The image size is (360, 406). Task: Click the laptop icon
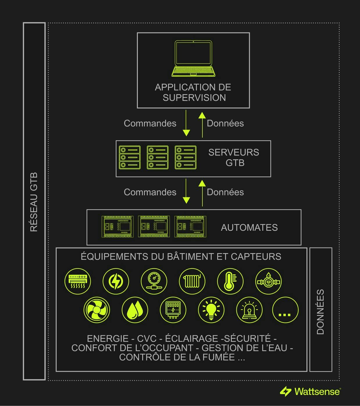click(x=193, y=58)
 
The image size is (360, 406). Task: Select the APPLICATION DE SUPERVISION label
click(x=193, y=92)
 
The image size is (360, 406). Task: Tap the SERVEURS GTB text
click(x=234, y=158)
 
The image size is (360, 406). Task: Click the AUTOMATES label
click(x=249, y=227)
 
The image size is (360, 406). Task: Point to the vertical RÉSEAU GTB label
click(x=34, y=202)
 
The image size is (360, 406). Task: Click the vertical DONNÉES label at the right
click(x=320, y=312)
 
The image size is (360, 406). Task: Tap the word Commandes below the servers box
click(x=150, y=192)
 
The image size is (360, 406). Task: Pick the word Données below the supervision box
click(x=225, y=123)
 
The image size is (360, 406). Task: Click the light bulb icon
click(x=211, y=310)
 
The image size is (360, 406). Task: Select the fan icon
click(x=97, y=310)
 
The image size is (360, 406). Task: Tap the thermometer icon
click(x=230, y=281)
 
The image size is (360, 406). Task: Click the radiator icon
click(x=192, y=281)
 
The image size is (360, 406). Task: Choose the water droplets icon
click(x=135, y=310)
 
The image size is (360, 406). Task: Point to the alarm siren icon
click(x=249, y=310)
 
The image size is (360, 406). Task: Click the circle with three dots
click(x=285, y=310)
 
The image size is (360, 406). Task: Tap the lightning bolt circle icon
click(x=116, y=281)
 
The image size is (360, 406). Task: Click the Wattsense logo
click(x=310, y=391)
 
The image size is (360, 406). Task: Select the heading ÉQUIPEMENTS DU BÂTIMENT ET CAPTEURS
click(x=181, y=257)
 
